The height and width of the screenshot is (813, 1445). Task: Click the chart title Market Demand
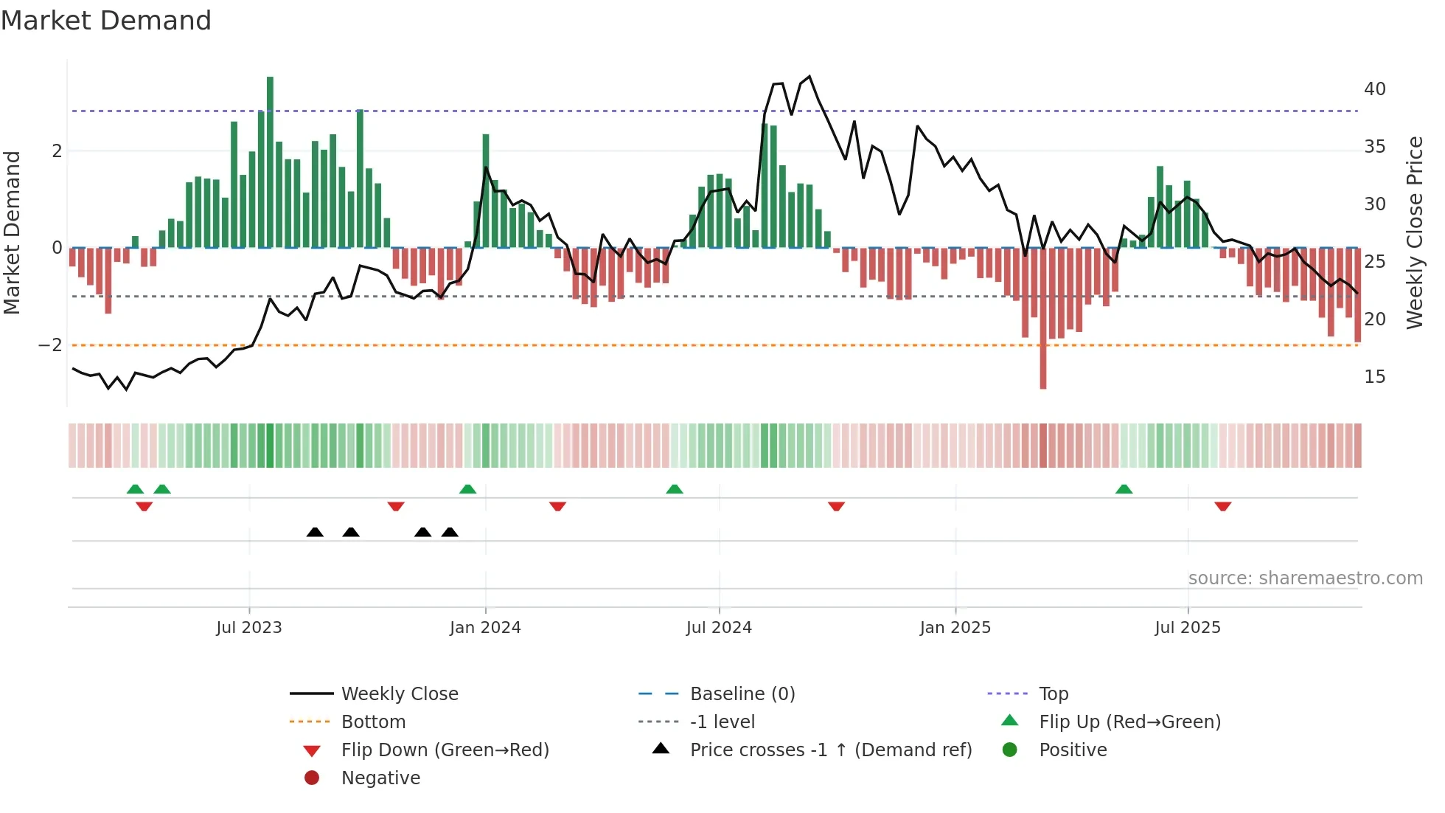pyautogui.click(x=106, y=21)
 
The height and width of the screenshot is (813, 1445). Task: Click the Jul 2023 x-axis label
pyautogui.click(x=248, y=628)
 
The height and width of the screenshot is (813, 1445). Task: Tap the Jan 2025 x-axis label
pyautogui.click(x=955, y=628)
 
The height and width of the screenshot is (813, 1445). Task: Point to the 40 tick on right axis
pyautogui.click(x=1374, y=89)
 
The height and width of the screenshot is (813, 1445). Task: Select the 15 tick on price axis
pyautogui.click(x=1374, y=377)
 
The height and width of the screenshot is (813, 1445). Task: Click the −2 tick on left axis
pyautogui.click(x=50, y=345)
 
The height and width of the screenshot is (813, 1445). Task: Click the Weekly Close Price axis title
pyautogui.click(x=1414, y=232)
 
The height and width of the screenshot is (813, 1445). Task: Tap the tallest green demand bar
pyautogui.click(x=270, y=162)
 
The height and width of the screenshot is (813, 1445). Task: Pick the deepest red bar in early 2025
pyautogui.click(x=1042, y=317)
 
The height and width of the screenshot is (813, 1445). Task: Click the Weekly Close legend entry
pyautogui.click(x=399, y=694)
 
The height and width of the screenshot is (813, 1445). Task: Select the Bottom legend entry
pyautogui.click(x=373, y=722)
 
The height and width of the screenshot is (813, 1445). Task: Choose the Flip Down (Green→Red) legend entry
pyautogui.click(x=445, y=750)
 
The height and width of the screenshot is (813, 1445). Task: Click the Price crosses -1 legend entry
pyautogui.click(x=830, y=750)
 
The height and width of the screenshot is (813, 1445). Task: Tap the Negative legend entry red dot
pyautogui.click(x=312, y=778)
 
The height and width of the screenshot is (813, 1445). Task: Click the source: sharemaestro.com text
pyautogui.click(x=1305, y=578)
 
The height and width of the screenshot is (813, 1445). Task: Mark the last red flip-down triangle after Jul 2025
pyautogui.click(x=1222, y=506)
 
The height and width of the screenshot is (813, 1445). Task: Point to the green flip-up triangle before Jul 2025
pyautogui.click(x=1124, y=489)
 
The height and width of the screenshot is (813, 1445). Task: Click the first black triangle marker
pyautogui.click(x=315, y=532)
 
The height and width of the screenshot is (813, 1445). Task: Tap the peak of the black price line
pyautogui.click(x=809, y=77)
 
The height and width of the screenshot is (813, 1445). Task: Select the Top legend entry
pyautogui.click(x=1053, y=694)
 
